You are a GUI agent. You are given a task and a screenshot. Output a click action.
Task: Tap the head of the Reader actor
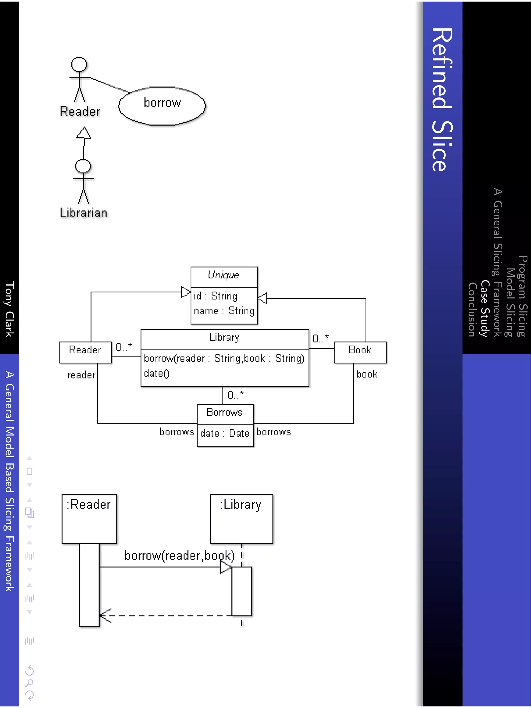point(79,64)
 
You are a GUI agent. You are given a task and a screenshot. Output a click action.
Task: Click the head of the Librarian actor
point(83,166)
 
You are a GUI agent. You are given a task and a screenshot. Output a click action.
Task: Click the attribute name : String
point(224,311)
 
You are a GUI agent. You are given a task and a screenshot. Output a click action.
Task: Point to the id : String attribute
point(215,296)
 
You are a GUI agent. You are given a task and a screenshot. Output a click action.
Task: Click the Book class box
point(360,352)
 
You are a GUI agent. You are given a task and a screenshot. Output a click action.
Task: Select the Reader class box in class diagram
point(86,352)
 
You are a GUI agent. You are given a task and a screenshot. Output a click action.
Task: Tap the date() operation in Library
point(157,373)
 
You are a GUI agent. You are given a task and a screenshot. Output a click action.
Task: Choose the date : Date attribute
point(225,433)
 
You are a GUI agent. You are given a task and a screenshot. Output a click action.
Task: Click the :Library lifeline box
point(241,518)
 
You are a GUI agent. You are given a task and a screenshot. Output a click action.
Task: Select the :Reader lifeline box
point(89,518)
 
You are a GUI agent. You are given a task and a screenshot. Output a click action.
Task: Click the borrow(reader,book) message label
point(179,555)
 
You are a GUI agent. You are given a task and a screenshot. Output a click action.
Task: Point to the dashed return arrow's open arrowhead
point(105,615)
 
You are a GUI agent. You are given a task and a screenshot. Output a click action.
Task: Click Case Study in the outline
point(485,308)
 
